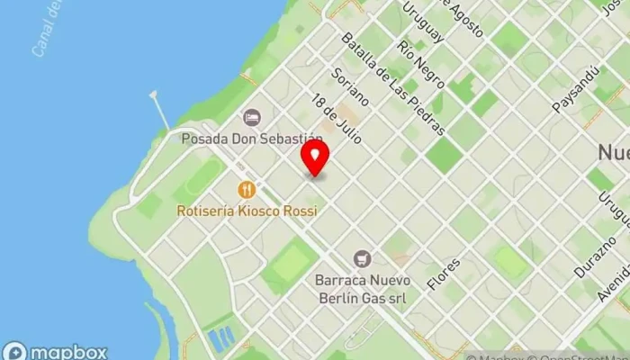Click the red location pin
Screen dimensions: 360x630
point(314,158)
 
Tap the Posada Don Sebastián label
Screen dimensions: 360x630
point(251,139)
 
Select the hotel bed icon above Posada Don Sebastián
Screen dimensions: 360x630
point(251,117)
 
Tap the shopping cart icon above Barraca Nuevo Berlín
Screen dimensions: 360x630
point(363,259)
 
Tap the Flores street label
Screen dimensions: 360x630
point(444,273)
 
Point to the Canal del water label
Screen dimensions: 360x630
point(46,29)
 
